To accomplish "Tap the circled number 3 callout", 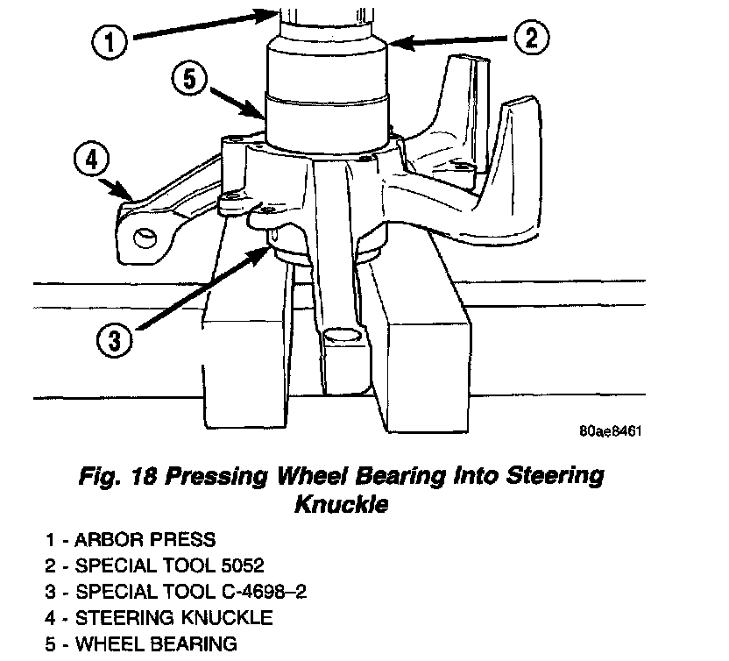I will (115, 340).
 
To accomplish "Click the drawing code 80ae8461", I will (611, 432).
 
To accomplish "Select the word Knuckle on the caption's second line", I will (340, 506).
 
